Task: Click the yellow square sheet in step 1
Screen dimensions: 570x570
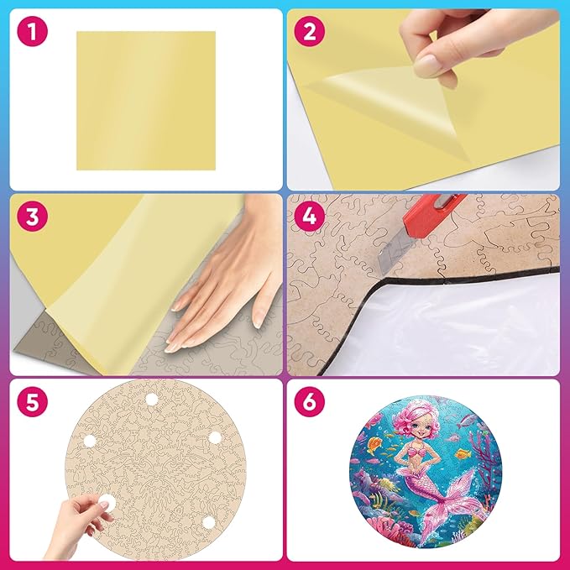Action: [145, 100]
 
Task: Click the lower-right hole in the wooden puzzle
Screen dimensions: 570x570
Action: [208, 522]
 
